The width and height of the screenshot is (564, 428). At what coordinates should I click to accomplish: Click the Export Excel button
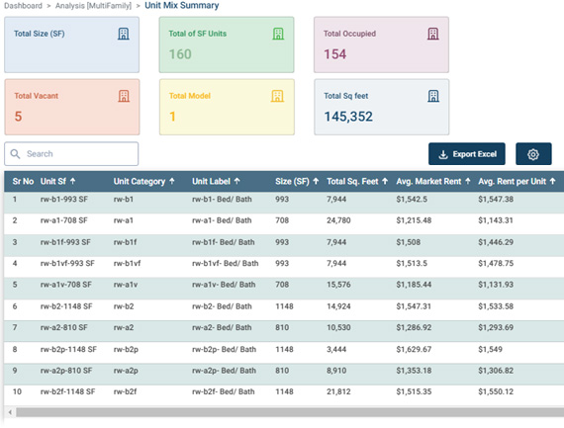click(466, 154)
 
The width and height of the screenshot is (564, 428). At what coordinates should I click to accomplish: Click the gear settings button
click(533, 154)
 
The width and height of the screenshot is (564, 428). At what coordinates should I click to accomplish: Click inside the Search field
click(71, 154)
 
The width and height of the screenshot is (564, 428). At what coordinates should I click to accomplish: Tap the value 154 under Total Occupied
click(334, 54)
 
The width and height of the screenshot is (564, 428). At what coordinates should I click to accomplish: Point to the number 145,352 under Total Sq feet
click(348, 117)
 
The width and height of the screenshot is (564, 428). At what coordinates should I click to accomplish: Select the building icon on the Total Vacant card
click(124, 96)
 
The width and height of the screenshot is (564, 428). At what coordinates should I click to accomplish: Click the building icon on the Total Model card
click(277, 96)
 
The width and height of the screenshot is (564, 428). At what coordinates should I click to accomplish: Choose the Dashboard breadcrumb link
click(23, 6)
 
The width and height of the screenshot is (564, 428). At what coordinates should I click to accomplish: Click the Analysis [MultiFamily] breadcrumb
click(93, 6)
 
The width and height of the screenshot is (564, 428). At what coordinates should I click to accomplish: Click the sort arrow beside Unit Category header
click(172, 181)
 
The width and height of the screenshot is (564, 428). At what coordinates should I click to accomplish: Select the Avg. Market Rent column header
click(428, 182)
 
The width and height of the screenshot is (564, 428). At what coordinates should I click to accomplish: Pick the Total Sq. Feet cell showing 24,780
click(338, 220)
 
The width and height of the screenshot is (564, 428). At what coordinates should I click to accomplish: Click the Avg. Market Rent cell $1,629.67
click(414, 349)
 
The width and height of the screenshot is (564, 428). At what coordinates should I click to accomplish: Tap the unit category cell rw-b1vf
click(127, 263)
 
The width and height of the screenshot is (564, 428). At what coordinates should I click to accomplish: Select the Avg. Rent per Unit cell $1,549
click(490, 349)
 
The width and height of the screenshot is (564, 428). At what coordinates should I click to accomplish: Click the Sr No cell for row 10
click(17, 391)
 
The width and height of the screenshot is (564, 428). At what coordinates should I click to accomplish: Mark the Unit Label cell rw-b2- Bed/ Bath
click(222, 306)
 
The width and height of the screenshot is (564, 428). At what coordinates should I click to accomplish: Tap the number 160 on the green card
click(180, 54)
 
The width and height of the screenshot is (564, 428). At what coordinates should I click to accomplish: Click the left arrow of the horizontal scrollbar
click(10, 412)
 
